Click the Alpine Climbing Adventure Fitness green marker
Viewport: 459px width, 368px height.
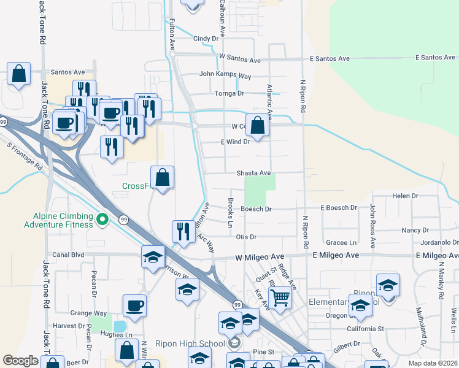(x=103, y=218)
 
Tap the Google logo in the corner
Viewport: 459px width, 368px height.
(x=21, y=361)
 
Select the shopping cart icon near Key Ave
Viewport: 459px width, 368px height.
(x=280, y=297)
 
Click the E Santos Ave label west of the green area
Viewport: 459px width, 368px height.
(x=330, y=59)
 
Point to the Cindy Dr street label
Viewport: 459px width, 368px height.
(x=206, y=39)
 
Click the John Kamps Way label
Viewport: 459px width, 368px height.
(x=225, y=76)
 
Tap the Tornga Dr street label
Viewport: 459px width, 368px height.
(x=229, y=93)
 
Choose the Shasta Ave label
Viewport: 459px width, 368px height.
(x=253, y=174)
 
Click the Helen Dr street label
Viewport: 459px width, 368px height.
(x=405, y=196)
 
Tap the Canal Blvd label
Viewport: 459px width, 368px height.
(x=68, y=255)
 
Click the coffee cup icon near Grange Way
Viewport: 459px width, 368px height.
(x=134, y=305)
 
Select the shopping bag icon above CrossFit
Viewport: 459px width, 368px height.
(x=162, y=178)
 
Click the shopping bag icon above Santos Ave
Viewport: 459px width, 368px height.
(x=19, y=74)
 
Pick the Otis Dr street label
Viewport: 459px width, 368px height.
(x=245, y=237)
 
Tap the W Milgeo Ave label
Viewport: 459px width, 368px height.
(x=258, y=256)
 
